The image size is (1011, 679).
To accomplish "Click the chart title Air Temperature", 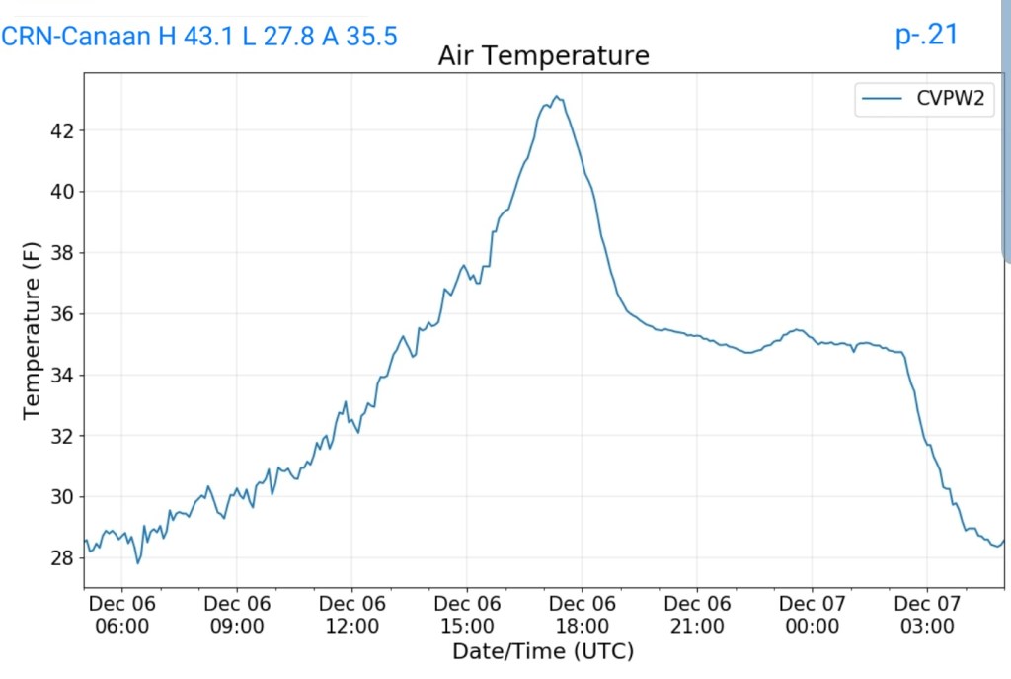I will coord(543,56).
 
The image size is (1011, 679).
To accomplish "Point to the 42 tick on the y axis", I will coord(62,130).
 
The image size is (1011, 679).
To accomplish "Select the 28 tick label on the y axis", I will coord(62,558).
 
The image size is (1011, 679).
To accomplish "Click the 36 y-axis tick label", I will coord(62,314).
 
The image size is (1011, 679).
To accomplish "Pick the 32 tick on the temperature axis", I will coord(62,436).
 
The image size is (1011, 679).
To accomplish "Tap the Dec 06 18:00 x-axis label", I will coord(582,614).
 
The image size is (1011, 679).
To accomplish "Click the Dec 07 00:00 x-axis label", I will coord(812,614).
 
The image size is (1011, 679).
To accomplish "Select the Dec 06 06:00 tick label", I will coord(122,614).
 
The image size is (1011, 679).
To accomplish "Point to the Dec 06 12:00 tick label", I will coord(352,614).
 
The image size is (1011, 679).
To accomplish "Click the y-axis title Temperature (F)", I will coord(33,334).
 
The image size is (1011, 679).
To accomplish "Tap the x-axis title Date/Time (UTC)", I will coord(542,651).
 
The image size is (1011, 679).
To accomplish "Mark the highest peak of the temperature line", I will coord(557,97).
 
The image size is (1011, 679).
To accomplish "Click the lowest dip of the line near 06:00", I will coord(138,562).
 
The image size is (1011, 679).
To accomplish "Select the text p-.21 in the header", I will coord(926,35).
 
